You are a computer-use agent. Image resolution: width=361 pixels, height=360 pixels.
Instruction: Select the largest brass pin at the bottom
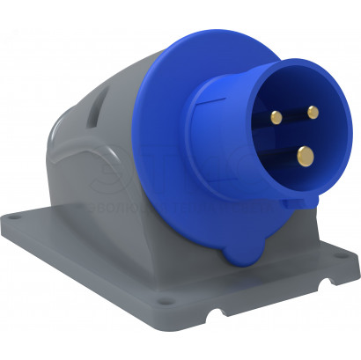(305, 156)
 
